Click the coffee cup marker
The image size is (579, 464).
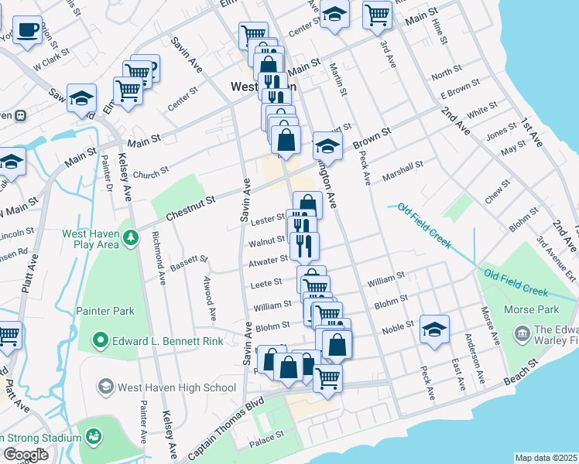(27, 30)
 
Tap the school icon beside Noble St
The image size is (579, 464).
(434, 329)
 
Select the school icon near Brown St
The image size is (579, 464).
(327, 146)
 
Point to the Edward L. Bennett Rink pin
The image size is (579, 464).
(100, 340)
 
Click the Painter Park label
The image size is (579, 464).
(105, 311)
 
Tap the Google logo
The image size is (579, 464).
(26, 455)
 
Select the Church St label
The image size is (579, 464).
(150, 175)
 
